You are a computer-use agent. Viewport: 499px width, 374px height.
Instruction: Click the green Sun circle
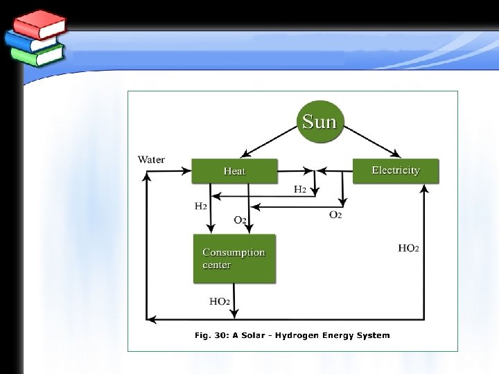point(319,122)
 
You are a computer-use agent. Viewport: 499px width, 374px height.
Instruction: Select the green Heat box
point(234,170)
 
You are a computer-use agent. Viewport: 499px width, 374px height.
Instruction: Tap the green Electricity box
point(396,170)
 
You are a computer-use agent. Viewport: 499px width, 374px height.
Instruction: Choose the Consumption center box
point(234,258)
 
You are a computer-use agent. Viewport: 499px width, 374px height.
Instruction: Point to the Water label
point(151,159)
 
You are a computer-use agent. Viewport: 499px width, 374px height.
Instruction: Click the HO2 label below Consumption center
point(220,301)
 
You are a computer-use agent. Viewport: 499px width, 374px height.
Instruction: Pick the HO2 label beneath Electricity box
point(408,247)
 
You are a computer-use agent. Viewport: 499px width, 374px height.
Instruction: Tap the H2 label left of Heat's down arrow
point(200,205)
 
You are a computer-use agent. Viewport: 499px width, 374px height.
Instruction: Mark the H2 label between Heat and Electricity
point(300,188)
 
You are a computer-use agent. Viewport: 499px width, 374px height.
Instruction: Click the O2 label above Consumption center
point(240,220)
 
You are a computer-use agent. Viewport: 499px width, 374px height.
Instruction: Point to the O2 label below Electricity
point(335,215)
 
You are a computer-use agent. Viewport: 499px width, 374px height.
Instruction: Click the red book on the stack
point(39,26)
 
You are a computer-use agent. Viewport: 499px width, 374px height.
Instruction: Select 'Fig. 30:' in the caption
point(211,336)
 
